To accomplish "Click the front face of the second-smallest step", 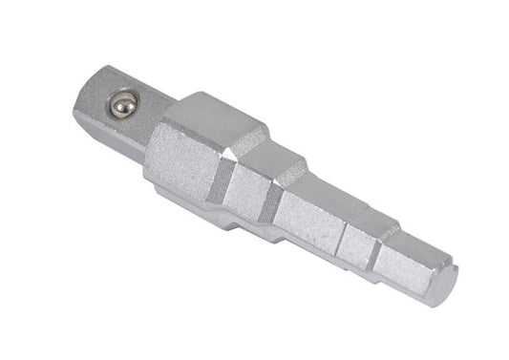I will [x=363, y=244].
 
